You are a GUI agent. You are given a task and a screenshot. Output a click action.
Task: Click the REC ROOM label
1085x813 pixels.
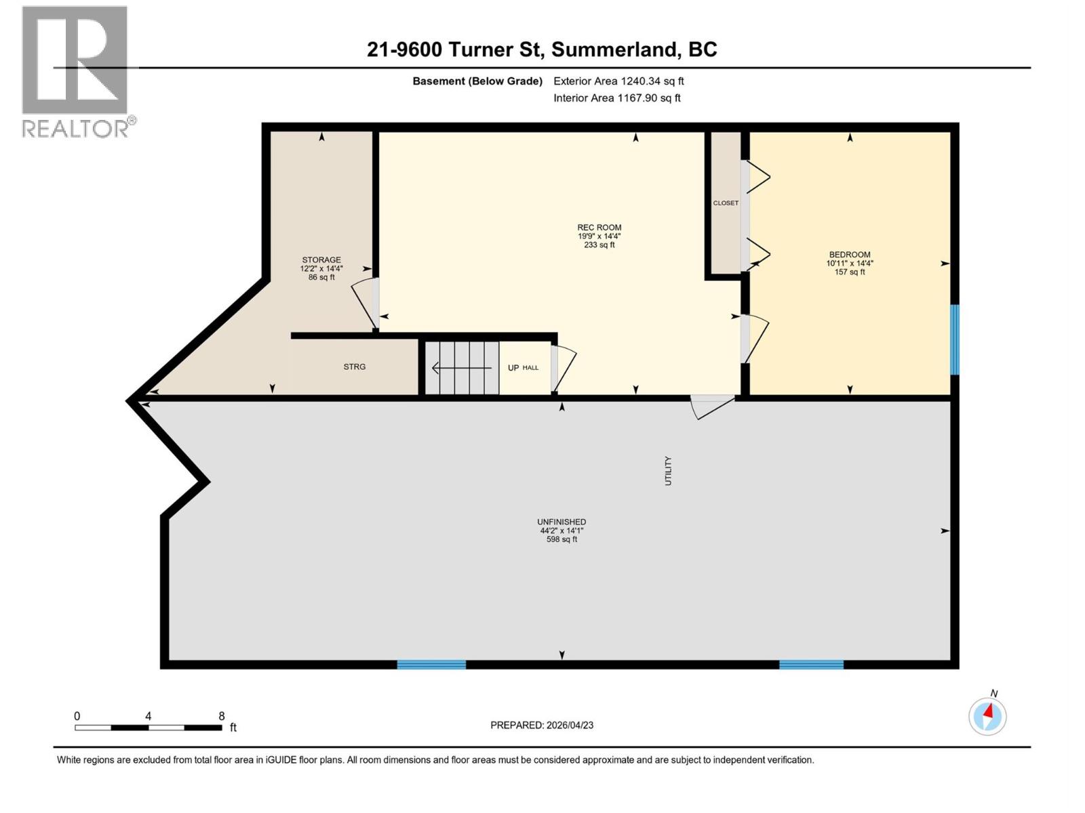coord(599,228)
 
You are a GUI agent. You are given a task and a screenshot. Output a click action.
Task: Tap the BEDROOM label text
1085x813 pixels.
coord(849,255)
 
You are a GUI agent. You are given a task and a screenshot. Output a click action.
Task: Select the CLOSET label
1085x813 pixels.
coord(725,203)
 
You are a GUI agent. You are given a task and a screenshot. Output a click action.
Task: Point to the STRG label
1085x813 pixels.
coord(354,367)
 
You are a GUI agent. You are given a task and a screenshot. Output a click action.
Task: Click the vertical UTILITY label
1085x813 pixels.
coord(668,470)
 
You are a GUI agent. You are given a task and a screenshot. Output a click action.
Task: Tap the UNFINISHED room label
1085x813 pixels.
coord(561,522)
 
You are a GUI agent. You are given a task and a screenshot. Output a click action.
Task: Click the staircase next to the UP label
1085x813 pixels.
coord(462,368)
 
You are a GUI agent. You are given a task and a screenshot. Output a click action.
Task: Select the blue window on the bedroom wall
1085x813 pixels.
coord(954,339)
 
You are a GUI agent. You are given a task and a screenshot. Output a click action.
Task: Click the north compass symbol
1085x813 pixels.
coord(987,715)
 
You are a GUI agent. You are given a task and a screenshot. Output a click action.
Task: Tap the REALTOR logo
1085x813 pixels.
coord(75,71)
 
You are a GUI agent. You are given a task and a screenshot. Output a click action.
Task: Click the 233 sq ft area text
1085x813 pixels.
coord(599,245)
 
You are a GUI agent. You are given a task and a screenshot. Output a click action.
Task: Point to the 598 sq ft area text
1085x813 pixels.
coord(561,539)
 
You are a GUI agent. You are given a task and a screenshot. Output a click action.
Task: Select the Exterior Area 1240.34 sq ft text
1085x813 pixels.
coord(618,81)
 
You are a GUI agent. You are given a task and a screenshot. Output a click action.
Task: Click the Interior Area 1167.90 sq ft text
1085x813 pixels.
coord(616,98)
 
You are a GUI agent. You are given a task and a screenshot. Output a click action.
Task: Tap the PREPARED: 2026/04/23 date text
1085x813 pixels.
coord(541,725)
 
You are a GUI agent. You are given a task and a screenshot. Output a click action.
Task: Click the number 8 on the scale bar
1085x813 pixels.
coord(221,716)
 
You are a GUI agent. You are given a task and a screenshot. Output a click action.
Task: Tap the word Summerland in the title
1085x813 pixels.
coord(615,49)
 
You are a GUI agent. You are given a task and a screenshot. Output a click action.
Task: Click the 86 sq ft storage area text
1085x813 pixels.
coord(321,277)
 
